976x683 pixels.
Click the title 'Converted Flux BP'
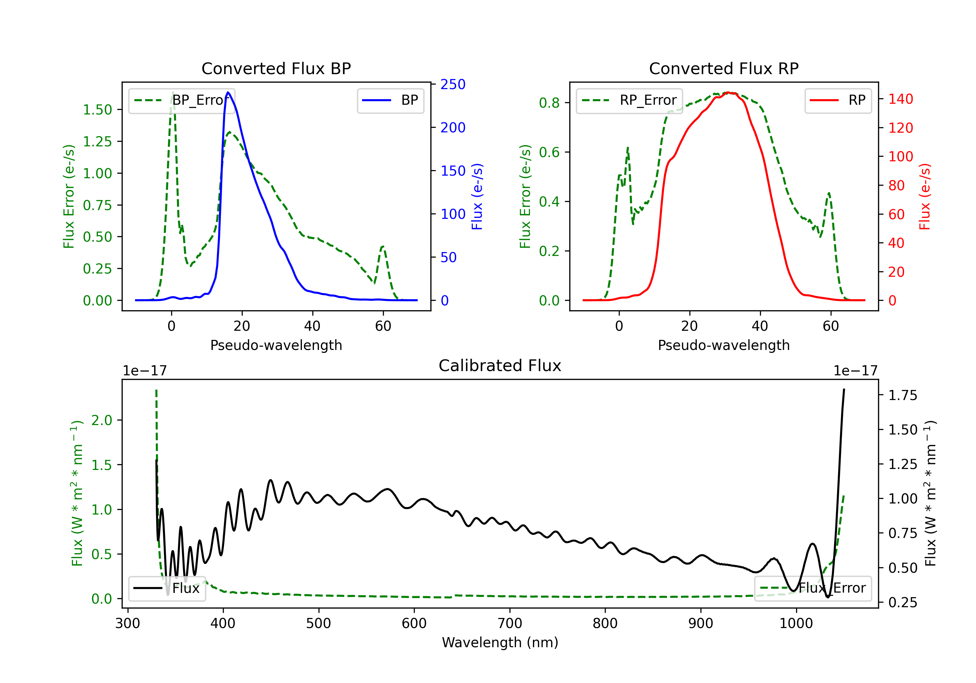pyautogui.click(x=276, y=68)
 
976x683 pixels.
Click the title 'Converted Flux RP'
pyautogui.click(x=724, y=68)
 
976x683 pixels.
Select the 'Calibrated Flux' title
pyautogui.click(x=500, y=366)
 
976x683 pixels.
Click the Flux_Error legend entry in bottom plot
pyautogui.click(x=813, y=588)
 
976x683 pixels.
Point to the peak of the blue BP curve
pyautogui.click(x=228, y=92)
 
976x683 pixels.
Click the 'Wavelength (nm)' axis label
pyautogui.click(x=500, y=643)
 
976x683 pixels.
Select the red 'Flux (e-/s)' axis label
pyautogui.click(x=925, y=197)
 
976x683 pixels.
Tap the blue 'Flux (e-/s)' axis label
pyautogui.click(x=477, y=197)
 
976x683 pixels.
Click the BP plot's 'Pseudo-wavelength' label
pyautogui.click(x=276, y=345)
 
